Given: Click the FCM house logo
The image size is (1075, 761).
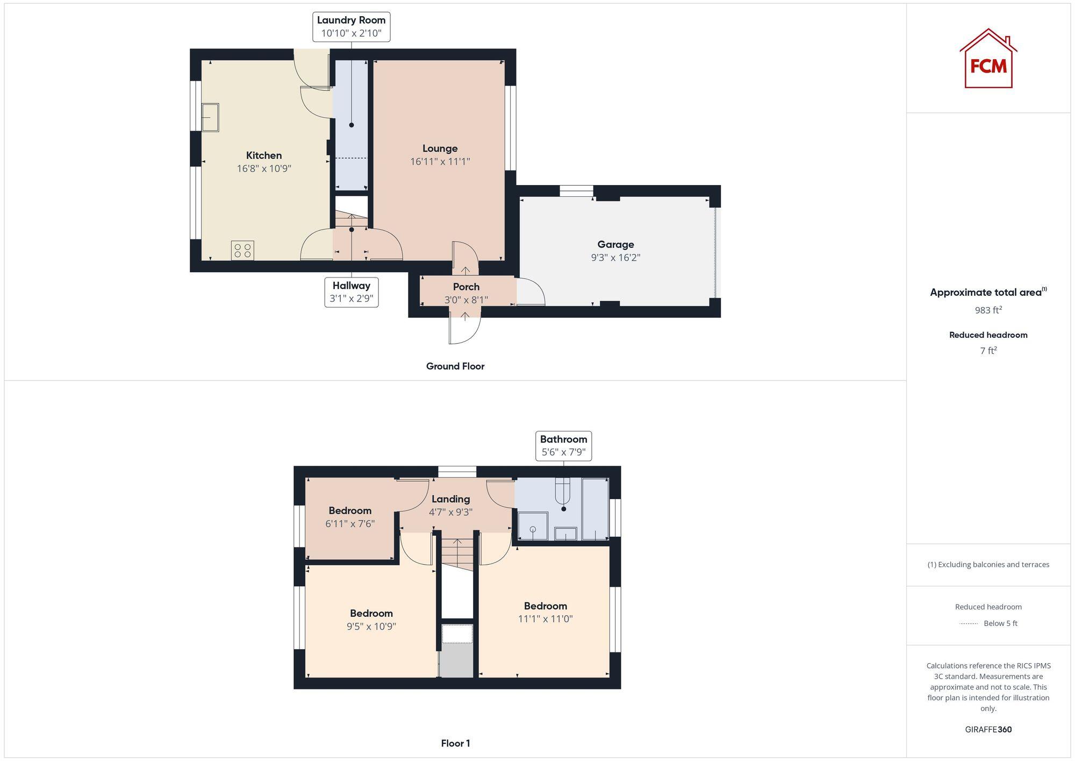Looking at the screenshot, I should coord(988,59).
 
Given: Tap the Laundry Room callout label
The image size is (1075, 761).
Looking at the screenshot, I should coord(351,27).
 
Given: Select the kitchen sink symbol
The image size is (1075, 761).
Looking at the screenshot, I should coord(210,117).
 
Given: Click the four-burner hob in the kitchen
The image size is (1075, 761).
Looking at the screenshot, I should coord(242,251).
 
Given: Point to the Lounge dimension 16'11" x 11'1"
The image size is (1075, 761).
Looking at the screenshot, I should coord(440,161).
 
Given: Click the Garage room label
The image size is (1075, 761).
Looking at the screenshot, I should coord(615,245).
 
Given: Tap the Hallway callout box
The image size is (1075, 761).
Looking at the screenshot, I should coord(351,292).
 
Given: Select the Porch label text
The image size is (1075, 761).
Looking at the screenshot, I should coord(465,287).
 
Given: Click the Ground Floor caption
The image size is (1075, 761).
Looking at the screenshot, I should coord(455,366).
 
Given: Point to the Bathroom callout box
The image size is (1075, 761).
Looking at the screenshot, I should coord(563,445).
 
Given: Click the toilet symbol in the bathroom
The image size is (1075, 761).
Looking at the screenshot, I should coord(563,495).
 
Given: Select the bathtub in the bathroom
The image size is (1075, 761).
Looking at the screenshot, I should coord(594,508).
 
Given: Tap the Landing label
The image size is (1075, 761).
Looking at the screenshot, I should coord(450,499).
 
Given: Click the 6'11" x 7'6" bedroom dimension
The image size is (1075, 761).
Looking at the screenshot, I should coord(350,523).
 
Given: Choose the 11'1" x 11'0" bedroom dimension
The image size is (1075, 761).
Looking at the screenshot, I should coord(545,619).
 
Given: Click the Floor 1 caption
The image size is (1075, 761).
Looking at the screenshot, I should coord(455,743).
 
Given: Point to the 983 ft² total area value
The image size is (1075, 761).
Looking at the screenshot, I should coord(988,310).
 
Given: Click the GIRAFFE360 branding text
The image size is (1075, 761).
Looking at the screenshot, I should coord(988,730).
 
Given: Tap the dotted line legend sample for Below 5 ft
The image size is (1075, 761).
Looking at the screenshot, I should coord(969,624).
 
